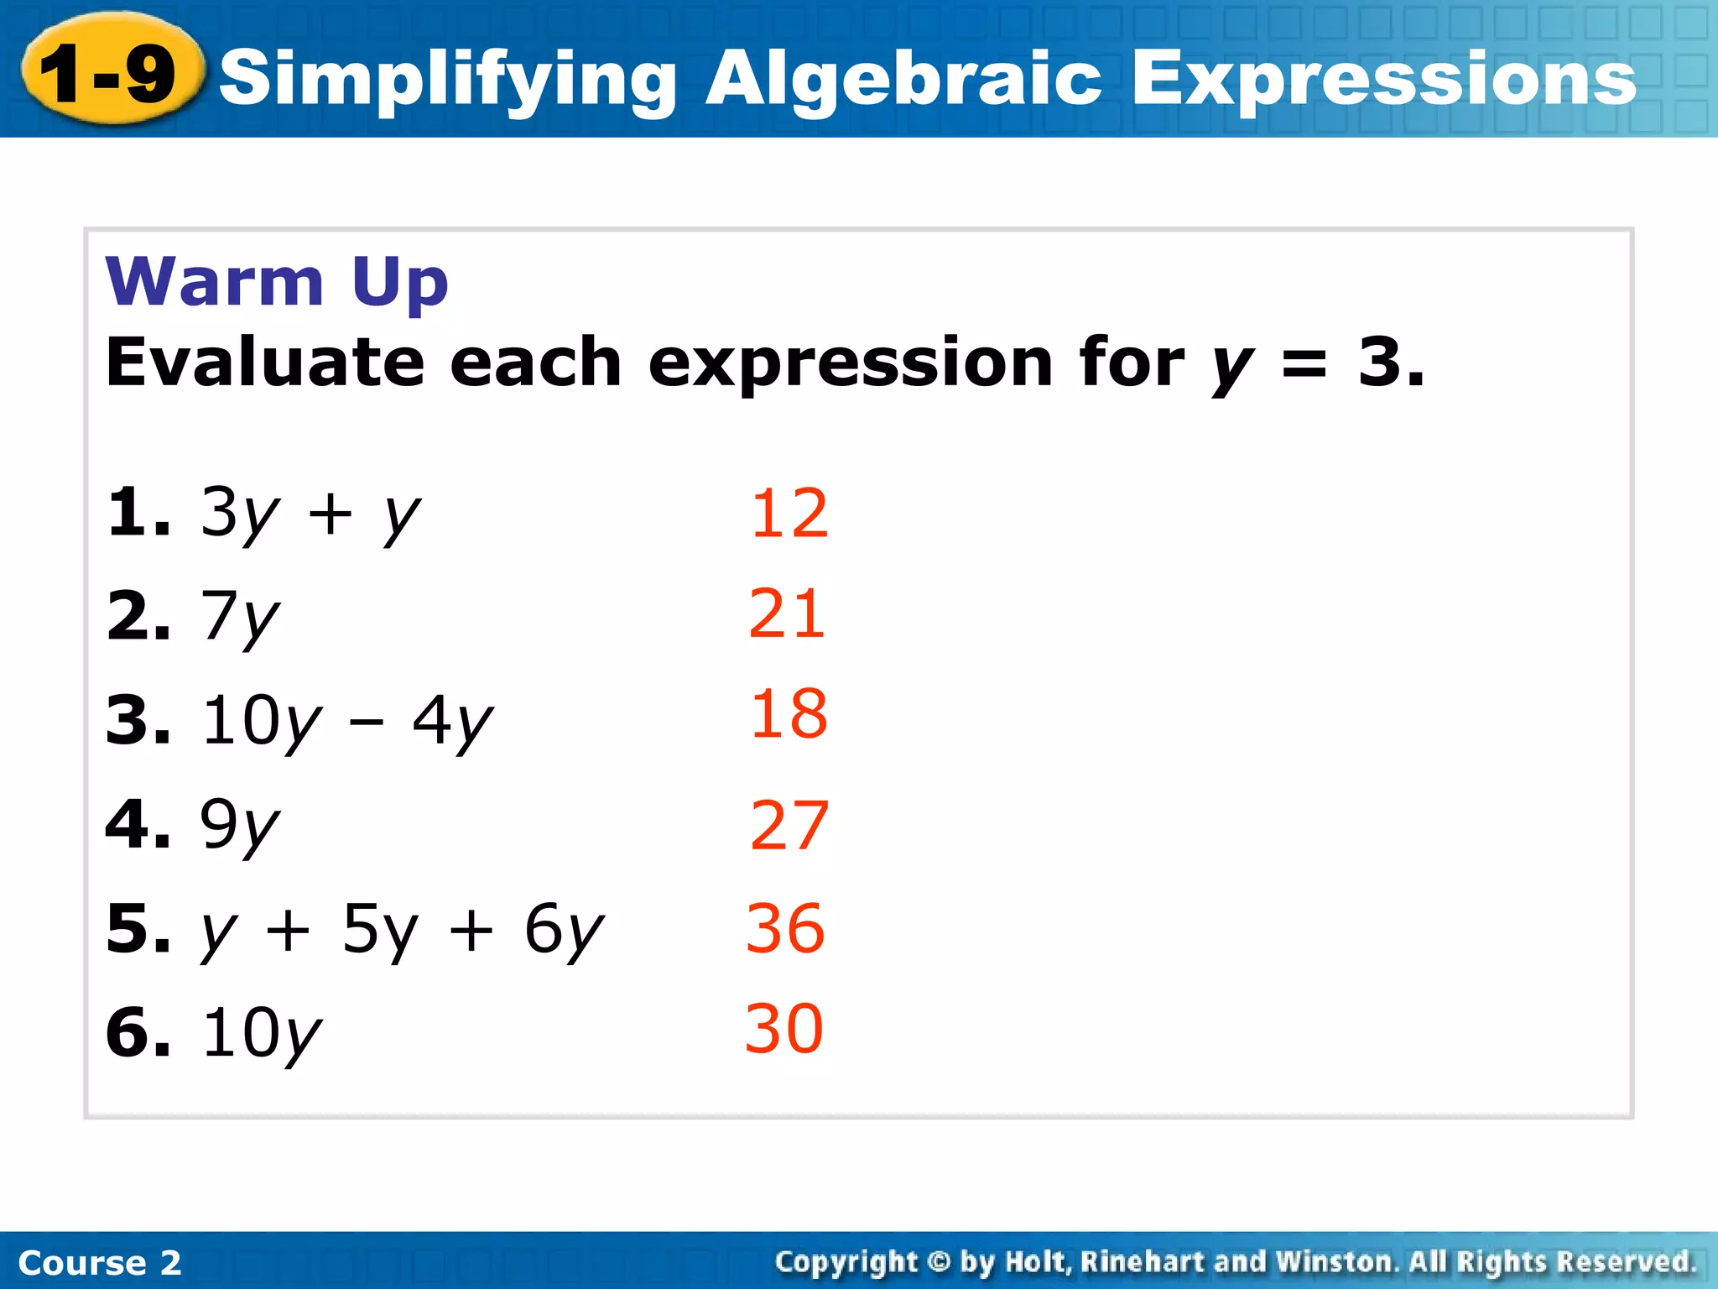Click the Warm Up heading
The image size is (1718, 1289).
click(277, 282)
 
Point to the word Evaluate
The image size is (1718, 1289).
click(265, 363)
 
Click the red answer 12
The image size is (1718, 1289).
click(789, 514)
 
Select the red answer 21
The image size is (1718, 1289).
click(787, 614)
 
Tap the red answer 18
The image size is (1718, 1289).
click(789, 714)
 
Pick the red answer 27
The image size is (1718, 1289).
click(789, 826)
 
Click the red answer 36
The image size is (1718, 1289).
click(785, 928)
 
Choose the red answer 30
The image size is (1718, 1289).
click(784, 1029)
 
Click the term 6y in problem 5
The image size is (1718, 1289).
click(563, 932)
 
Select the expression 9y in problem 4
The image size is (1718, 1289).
click(239, 827)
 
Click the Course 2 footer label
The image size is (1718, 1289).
click(99, 1262)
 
